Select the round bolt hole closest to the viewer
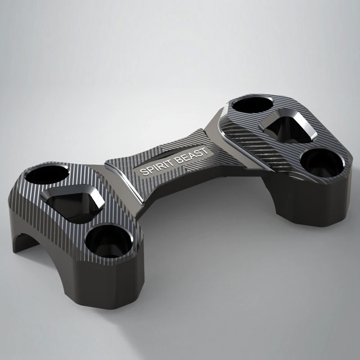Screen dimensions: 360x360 tap(108, 241)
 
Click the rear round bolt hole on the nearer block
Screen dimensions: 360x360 tap(47, 175)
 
